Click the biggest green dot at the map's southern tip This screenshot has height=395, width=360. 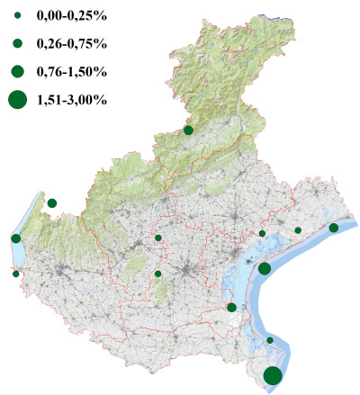tap(273, 376)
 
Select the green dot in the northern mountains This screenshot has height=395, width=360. tap(189, 130)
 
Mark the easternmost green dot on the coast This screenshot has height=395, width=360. tap(334, 228)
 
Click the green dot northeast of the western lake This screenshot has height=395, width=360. tap(52, 203)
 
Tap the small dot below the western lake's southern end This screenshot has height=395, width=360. tap(15, 274)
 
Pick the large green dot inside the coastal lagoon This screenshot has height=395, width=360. tap(265, 268)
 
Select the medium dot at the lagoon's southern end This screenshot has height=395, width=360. tap(232, 308)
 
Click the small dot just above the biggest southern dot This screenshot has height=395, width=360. tap(270, 340)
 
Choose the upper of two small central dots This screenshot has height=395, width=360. tap(158, 238)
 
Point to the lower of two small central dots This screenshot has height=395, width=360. tap(158, 274)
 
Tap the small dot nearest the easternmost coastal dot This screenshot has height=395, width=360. tap(298, 230)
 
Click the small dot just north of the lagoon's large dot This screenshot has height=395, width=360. tap(262, 234)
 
